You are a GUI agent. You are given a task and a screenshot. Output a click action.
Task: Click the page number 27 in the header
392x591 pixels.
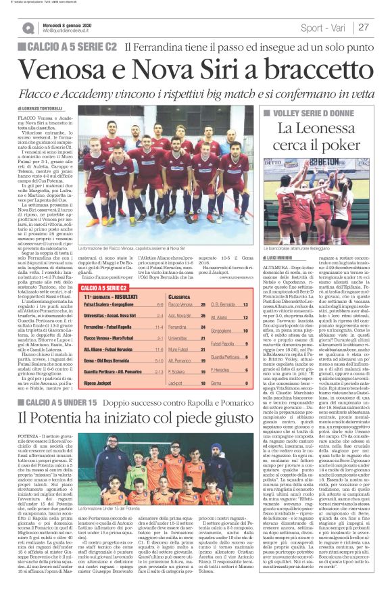(364, 27)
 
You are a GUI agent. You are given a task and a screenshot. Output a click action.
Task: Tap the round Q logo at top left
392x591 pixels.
(28, 28)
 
